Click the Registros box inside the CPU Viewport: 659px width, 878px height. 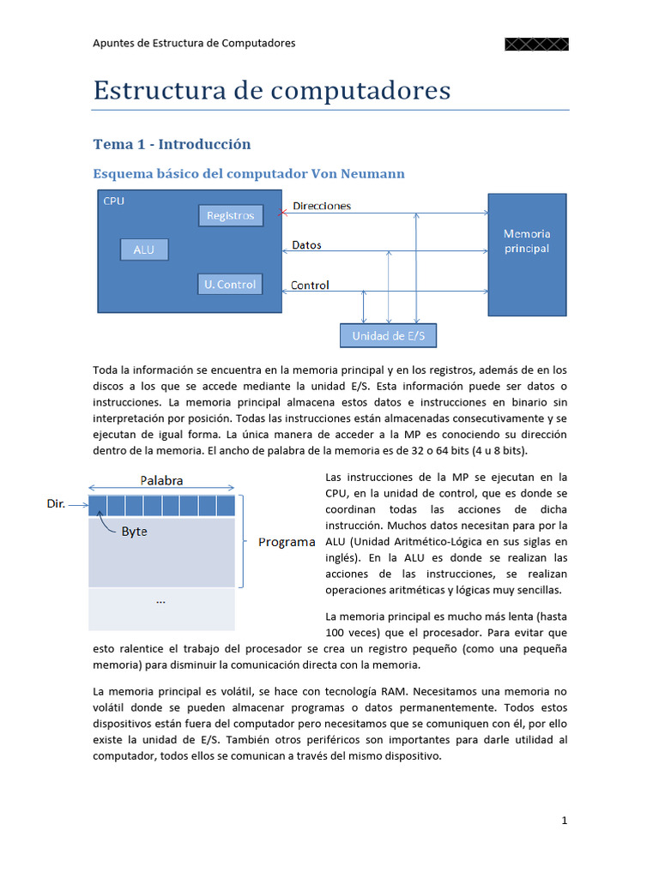pyautogui.click(x=230, y=215)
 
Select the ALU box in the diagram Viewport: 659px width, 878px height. pyautogui.click(x=144, y=250)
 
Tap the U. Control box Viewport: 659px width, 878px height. pyautogui.click(x=230, y=284)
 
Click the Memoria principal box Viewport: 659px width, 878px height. pyautogui.click(x=527, y=255)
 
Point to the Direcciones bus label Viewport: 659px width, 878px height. pyautogui.click(x=322, y=206)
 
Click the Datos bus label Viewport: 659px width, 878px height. pyautogui.click(x=306, y=245)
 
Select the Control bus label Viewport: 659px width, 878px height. pyautogui.click(x=310, y=285)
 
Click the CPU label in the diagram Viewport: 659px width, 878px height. pyautogui.click(x=112, y=201)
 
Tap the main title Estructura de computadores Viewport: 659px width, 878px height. pyautogui.click(x=271, y=91)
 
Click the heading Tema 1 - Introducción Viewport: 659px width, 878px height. pyautogui.click(x=172, y=144)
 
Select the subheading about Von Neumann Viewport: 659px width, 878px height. pyautogui.click(x=248, y=174)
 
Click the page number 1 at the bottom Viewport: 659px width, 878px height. pyautogui.click(x=564, y=821)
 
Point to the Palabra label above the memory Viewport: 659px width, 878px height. pyautogui.click(x=161, y=480)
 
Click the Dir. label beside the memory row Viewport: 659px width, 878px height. pyautogui.click(x=56, y=504)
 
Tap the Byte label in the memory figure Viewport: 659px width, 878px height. pyautogui.click(x=134, y=532)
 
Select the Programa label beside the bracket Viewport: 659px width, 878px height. pyautogui.click(x=287, y=542)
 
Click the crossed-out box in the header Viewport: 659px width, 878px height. pyautogui.click(x=536, y=44)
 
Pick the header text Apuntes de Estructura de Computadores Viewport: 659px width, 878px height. pyautogui.click(x=194, y=43)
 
